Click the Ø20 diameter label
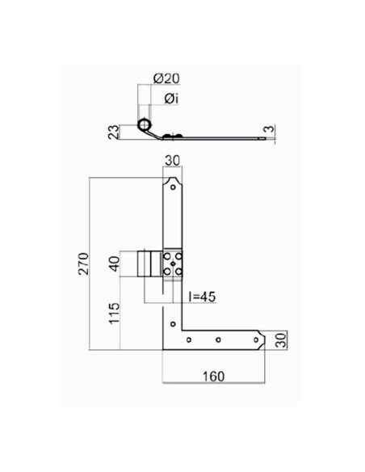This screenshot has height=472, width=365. [166, 78]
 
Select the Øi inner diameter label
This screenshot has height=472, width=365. [170, 99]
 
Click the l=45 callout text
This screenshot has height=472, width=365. [201, 297]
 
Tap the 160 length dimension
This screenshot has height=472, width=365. [213, 377]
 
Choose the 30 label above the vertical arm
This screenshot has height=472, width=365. [173, 161]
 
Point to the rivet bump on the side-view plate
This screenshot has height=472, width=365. [167, 134]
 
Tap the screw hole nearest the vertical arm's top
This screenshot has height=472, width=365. [173, 187]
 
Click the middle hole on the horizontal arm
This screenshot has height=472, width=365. [217, 340]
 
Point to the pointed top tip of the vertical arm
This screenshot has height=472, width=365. [173, 175]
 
